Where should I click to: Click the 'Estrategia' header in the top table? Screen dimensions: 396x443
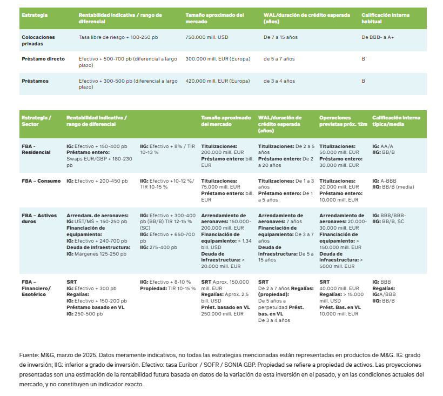(x=35, y=15)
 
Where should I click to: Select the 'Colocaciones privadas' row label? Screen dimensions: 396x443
(x=38, y=41)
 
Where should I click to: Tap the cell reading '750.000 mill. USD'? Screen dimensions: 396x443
(x=207, y=37)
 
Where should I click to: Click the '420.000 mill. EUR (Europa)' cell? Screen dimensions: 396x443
(x=217, y=80)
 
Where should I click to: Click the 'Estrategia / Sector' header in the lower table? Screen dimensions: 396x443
(x=36, y=120)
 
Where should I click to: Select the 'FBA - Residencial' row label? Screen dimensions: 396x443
(x=36, y=149)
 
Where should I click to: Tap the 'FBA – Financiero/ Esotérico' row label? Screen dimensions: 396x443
(x=36, y=287)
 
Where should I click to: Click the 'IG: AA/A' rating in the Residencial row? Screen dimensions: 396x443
(x=383, y=146)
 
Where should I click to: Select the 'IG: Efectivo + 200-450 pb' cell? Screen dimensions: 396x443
(x=97, y=181)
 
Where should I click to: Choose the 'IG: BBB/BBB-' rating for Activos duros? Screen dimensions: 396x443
(x=389, y=215)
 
